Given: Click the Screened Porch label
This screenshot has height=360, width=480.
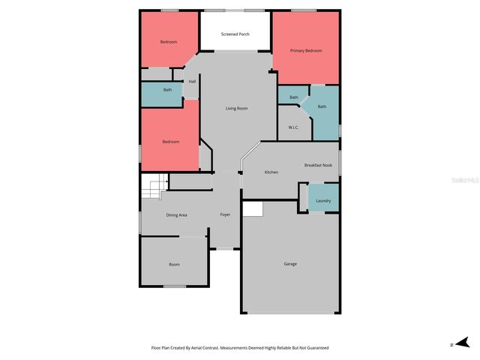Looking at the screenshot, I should pos(235,34).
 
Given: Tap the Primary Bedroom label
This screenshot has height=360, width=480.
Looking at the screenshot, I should pos(307,50).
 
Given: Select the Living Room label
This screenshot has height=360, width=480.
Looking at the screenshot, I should pos(237,109).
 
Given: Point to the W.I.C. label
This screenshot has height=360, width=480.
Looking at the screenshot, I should pos(293,127).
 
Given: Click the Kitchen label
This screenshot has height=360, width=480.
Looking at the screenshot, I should pos(271,172).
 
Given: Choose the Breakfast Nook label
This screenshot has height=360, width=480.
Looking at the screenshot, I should pos(318,165).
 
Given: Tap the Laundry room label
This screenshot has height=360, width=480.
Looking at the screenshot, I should pos(324,200).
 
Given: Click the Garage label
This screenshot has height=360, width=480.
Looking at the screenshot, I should pos(290,264).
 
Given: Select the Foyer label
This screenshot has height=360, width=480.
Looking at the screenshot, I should pos(225,215).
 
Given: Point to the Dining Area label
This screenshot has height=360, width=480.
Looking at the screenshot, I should pos(176,215).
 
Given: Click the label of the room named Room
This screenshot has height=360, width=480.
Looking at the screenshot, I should pos(174,264).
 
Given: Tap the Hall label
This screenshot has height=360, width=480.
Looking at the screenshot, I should pos(192,82).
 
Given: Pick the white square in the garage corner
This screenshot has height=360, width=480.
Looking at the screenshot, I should pos(253,209).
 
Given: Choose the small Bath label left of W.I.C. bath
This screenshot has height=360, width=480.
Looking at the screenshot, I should pos(294,97).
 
